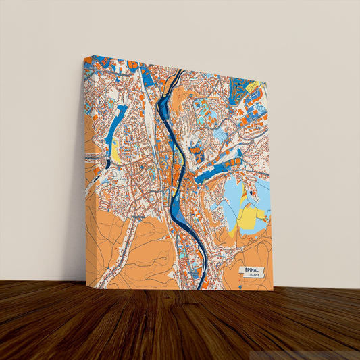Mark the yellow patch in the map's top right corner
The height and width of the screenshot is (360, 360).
click(255, 86)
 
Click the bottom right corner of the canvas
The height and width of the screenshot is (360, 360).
click(273, 290)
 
